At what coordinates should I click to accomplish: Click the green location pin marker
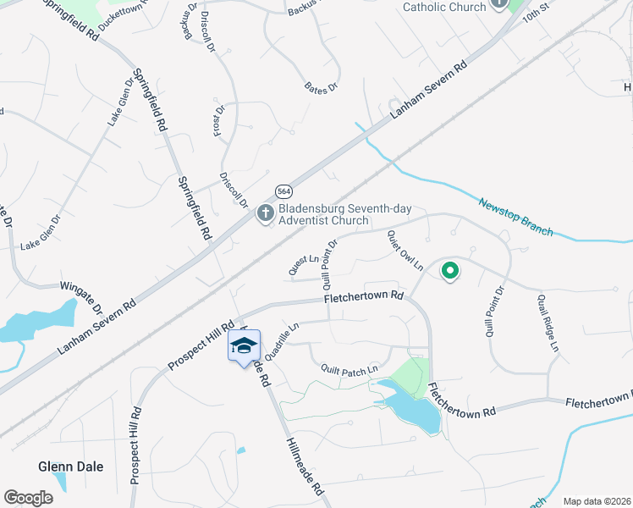click(x=450, y=272)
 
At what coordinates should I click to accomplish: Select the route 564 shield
click(x=283, y=191)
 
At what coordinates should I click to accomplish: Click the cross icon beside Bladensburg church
click(x=265, y=213)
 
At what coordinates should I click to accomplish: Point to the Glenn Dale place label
click(x=65, y=467)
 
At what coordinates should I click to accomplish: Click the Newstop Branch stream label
click(x=515, y=218)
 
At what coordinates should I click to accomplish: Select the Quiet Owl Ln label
click(x=405, y=251)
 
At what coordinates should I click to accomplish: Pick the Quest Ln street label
click(x=302, y=265)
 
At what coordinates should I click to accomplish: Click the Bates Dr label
click(x=322, y=87)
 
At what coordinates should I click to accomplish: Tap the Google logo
click(x=28, y=498)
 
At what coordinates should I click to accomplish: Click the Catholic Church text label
click(x=444, y=7)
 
